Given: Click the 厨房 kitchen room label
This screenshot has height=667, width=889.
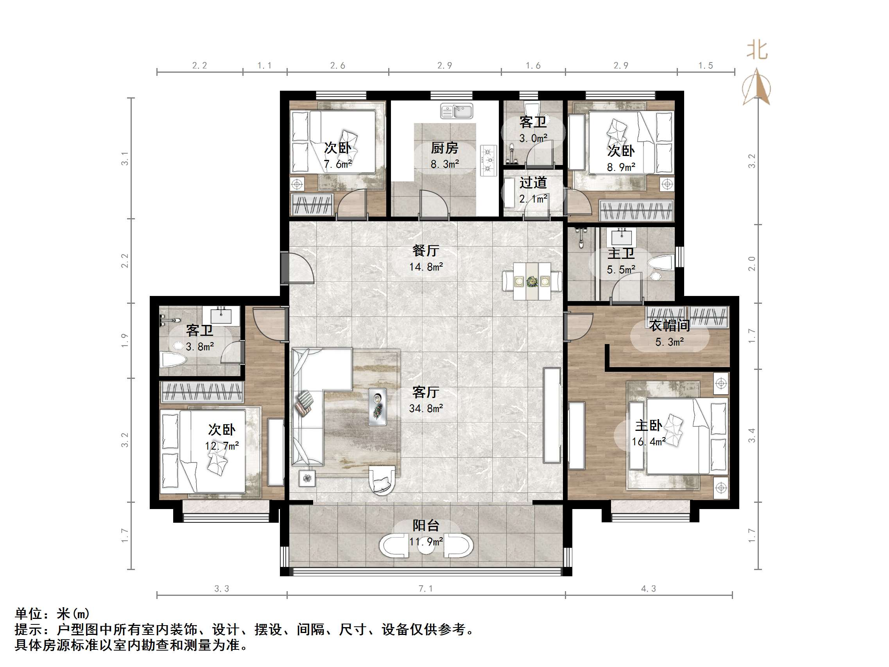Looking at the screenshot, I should coord(444,148).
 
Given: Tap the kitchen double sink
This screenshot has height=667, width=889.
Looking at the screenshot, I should coord(457,111).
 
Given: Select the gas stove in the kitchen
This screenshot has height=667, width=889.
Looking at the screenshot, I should coord(488,160).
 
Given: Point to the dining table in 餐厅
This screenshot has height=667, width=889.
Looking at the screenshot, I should coord(532,281).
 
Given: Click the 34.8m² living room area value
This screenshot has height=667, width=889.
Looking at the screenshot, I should coord(426,409).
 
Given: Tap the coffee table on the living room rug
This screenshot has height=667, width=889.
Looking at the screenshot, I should coord(377,407).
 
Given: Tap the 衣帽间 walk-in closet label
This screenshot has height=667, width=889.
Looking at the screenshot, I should coord(670,326).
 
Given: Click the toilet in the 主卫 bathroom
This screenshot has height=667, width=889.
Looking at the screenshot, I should coord(661,264).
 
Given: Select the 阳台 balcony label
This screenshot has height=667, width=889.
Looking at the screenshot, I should coord(426,525).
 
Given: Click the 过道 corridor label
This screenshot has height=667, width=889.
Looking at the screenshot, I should coord(533,183).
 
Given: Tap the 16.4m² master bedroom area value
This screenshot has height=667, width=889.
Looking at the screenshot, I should coord(648,442).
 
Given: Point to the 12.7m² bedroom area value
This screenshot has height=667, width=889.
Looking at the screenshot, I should coord(222,445).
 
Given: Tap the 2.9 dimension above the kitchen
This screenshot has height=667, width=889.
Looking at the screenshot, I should coord(444,66).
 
